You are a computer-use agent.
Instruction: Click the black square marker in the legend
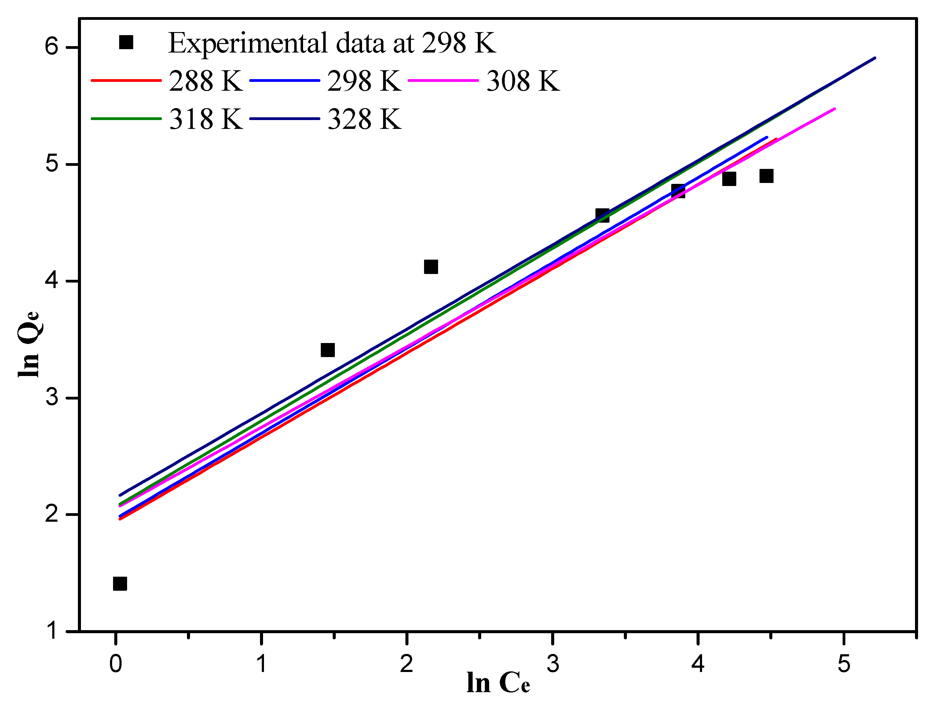point(126,42)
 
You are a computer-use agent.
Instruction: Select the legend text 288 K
point(206,81)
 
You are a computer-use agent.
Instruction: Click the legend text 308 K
point(522,81)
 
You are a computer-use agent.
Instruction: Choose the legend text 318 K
point(206,119)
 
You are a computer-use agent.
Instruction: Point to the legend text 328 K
point(364,119)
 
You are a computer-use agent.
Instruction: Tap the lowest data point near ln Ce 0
point(120,583)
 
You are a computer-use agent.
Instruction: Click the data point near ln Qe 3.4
point(328,350)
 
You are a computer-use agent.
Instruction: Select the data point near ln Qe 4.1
point(431,267)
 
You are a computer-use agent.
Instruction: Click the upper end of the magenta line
point(834,109)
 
